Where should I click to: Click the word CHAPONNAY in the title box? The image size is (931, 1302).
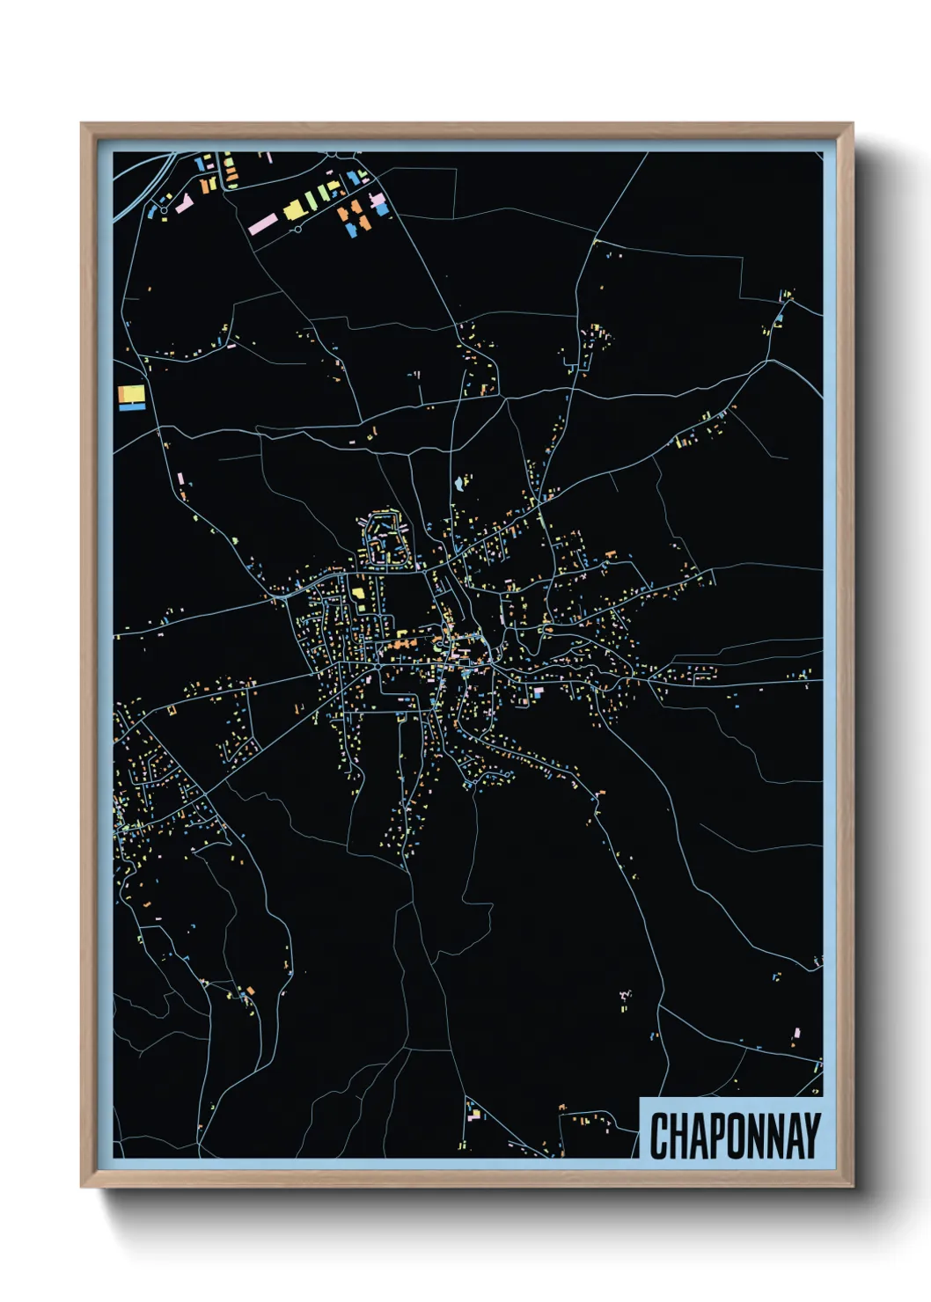click(x=735, y=1135)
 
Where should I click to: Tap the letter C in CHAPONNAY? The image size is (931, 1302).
click(x=659, y=1135)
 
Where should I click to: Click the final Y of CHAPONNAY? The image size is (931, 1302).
click(x=811, y=1135)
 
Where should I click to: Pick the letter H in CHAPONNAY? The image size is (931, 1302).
click(x=677, y=1135)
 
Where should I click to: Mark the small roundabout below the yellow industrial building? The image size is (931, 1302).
click(x=298, y=230)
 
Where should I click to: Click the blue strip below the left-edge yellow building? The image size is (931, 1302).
click(x=131, y=406)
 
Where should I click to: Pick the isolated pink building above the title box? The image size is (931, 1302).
click(x=797, y=1032)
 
